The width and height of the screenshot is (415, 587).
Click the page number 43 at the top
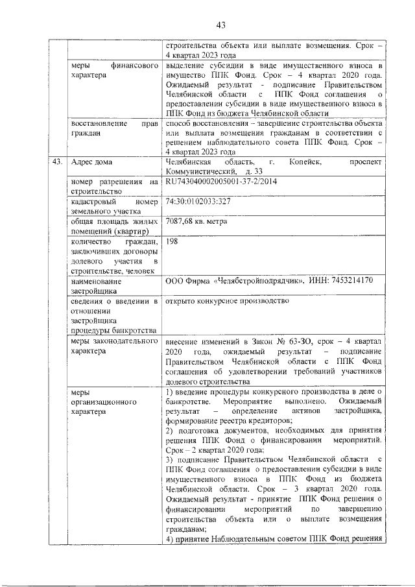click(220, 25)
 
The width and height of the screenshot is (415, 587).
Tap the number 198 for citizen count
click(172, 241)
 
